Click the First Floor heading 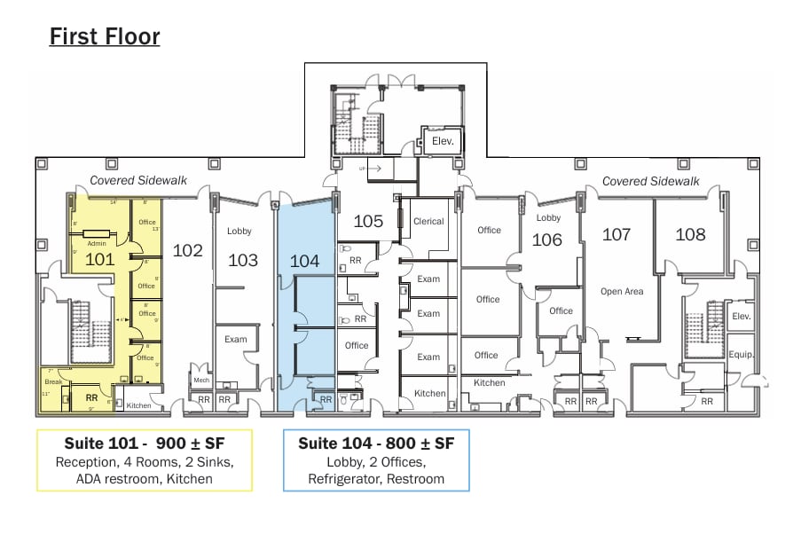point(105,36)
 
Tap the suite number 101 point(99,260)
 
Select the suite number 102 point(187,250)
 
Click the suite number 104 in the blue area point(304,260)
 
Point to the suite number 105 point(368,221)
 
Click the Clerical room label point(428,222)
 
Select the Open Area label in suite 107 point(621,292)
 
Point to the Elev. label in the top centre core point(443,141)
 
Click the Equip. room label point(741,355)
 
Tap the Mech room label point(200,380)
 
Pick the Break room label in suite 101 point(53,382)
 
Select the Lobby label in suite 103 point(240,232)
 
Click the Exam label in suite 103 point(235,339)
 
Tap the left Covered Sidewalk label point(138,181)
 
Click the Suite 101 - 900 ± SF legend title point(145,443)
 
